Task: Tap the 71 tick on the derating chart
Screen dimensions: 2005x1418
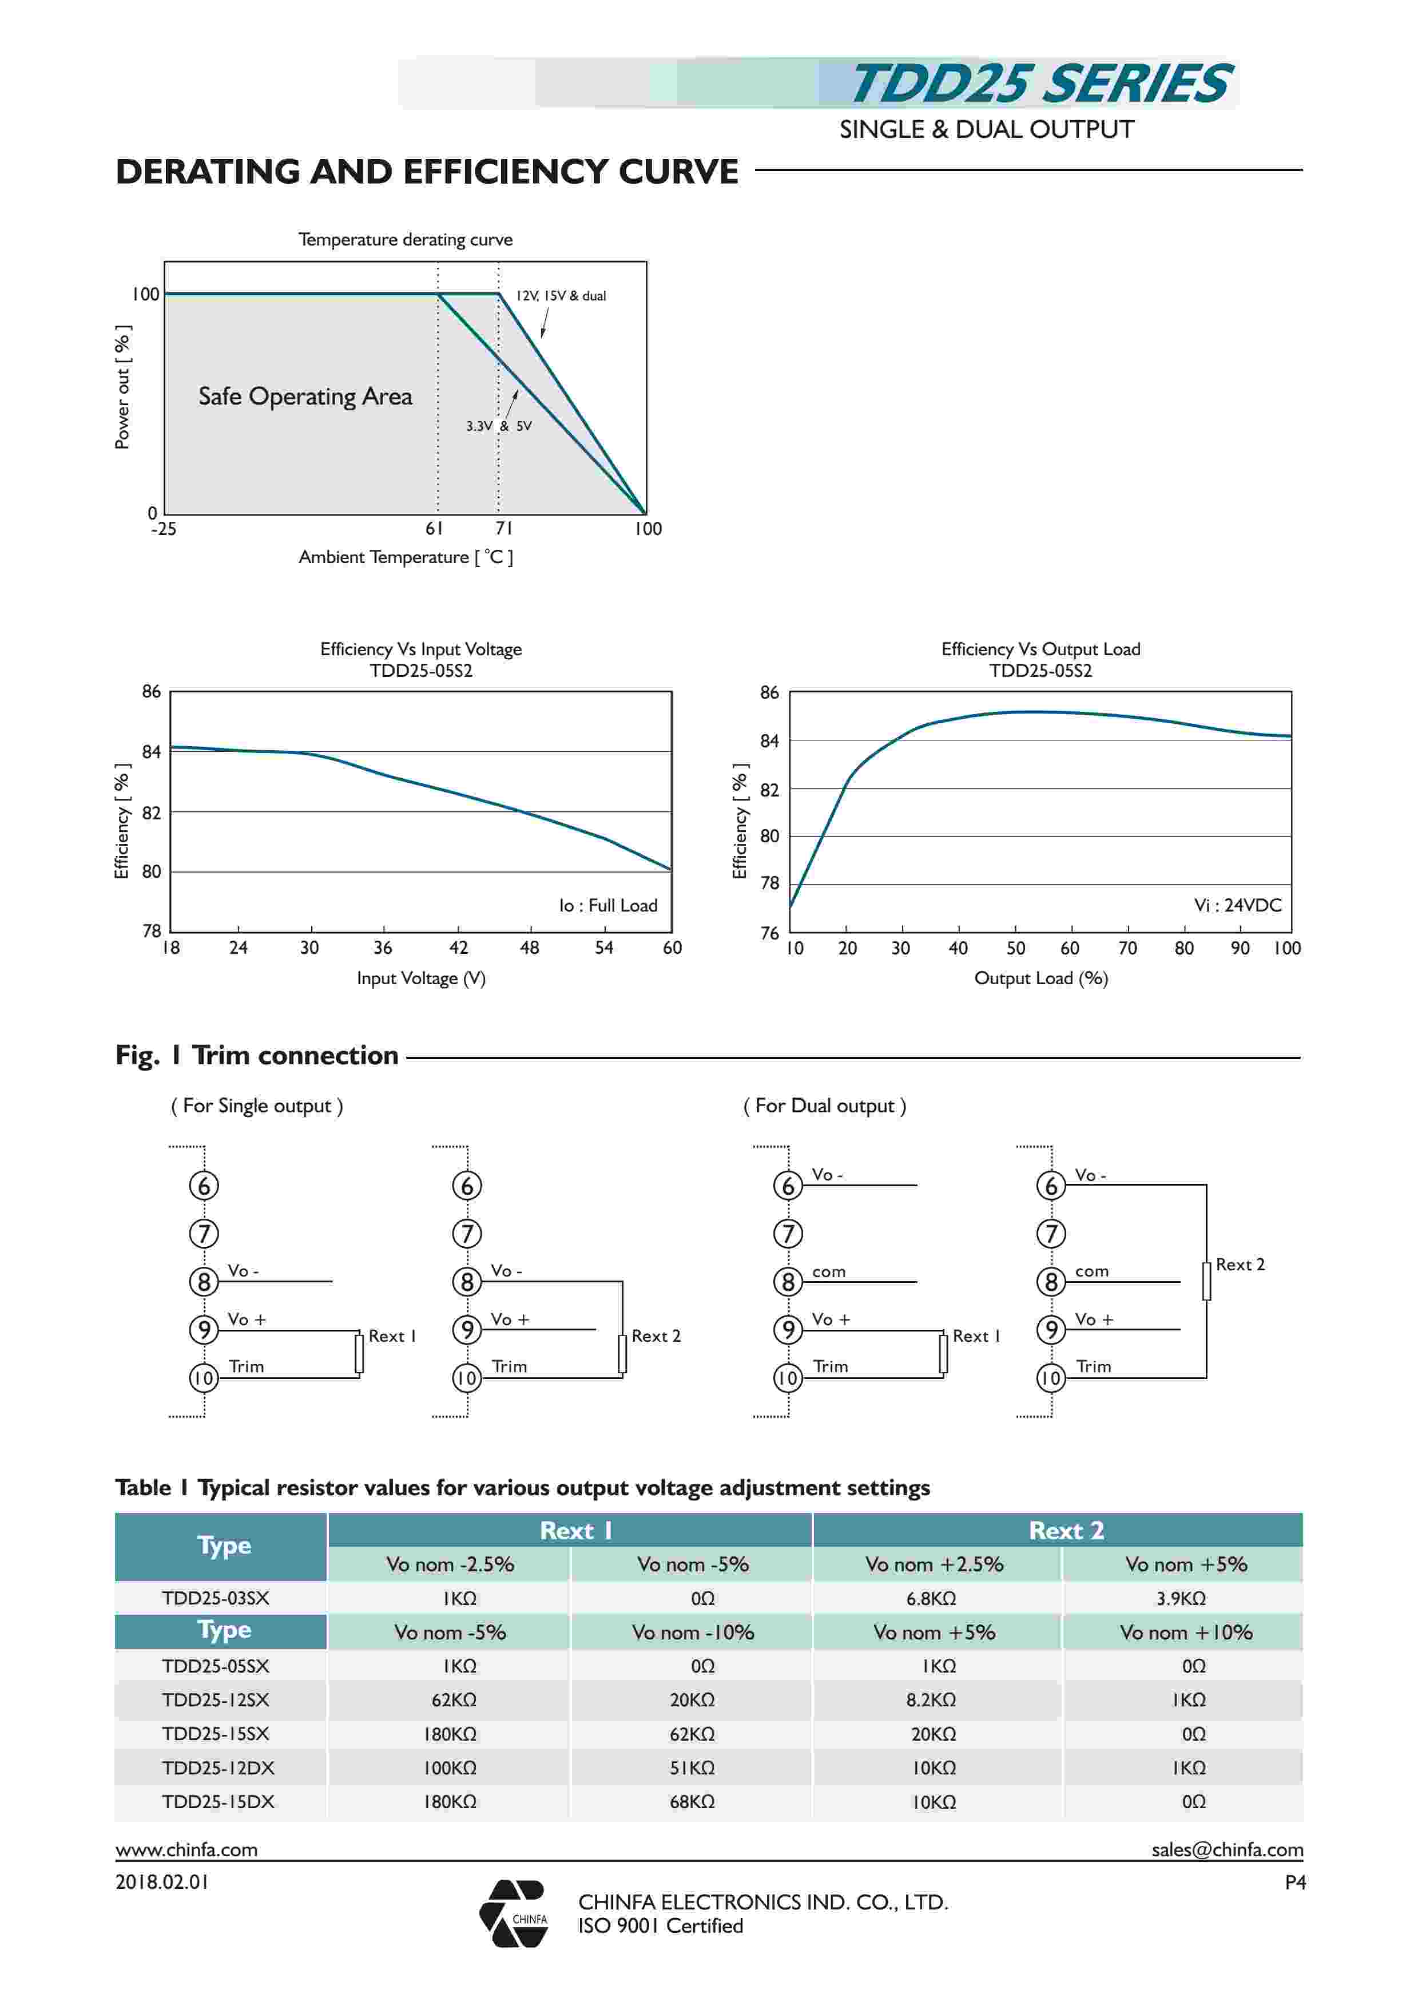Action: coord(504,528)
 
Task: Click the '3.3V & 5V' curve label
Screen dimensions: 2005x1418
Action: coord(499,426)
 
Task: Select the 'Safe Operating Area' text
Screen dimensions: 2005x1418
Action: coord(305,397)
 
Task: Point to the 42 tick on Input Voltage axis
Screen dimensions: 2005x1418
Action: coord(458,948)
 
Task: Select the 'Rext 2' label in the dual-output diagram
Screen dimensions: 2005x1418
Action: coord(1240,1265)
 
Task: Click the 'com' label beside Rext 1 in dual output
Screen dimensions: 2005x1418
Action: coord(829,1271)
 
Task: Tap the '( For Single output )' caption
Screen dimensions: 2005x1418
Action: coord(257,1105)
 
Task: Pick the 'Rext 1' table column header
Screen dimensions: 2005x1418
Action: coord(575,1530)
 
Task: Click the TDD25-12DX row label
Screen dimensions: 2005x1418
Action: coord(219,1768)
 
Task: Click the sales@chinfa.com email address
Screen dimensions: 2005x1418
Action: coord(1227,1849)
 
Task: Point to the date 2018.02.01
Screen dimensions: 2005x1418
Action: coord(162,1882)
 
